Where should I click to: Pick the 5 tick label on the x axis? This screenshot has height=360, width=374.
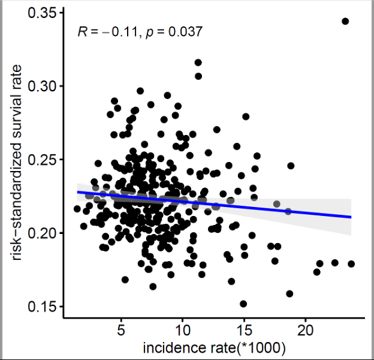click(x=122, y=331)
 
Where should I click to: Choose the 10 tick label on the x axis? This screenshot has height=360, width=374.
click(x=183, y=331)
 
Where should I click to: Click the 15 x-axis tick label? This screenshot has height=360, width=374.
click(x=244, y=331)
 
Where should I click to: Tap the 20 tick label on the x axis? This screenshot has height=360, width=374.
click(x=305, y=331)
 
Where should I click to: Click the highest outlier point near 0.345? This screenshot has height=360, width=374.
click(x=345, y=21)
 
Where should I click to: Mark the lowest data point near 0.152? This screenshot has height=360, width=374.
click(x=243, y=304)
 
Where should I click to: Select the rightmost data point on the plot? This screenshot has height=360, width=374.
click(x=351, y=264)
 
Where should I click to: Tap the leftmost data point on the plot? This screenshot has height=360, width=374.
click(x=77, y=209)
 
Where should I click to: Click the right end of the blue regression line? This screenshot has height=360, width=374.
click(x=351, y=217)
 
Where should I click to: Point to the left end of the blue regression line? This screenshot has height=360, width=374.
click(x=77, y=192)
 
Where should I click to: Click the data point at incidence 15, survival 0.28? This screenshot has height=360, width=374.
click(x=246, y=116)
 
